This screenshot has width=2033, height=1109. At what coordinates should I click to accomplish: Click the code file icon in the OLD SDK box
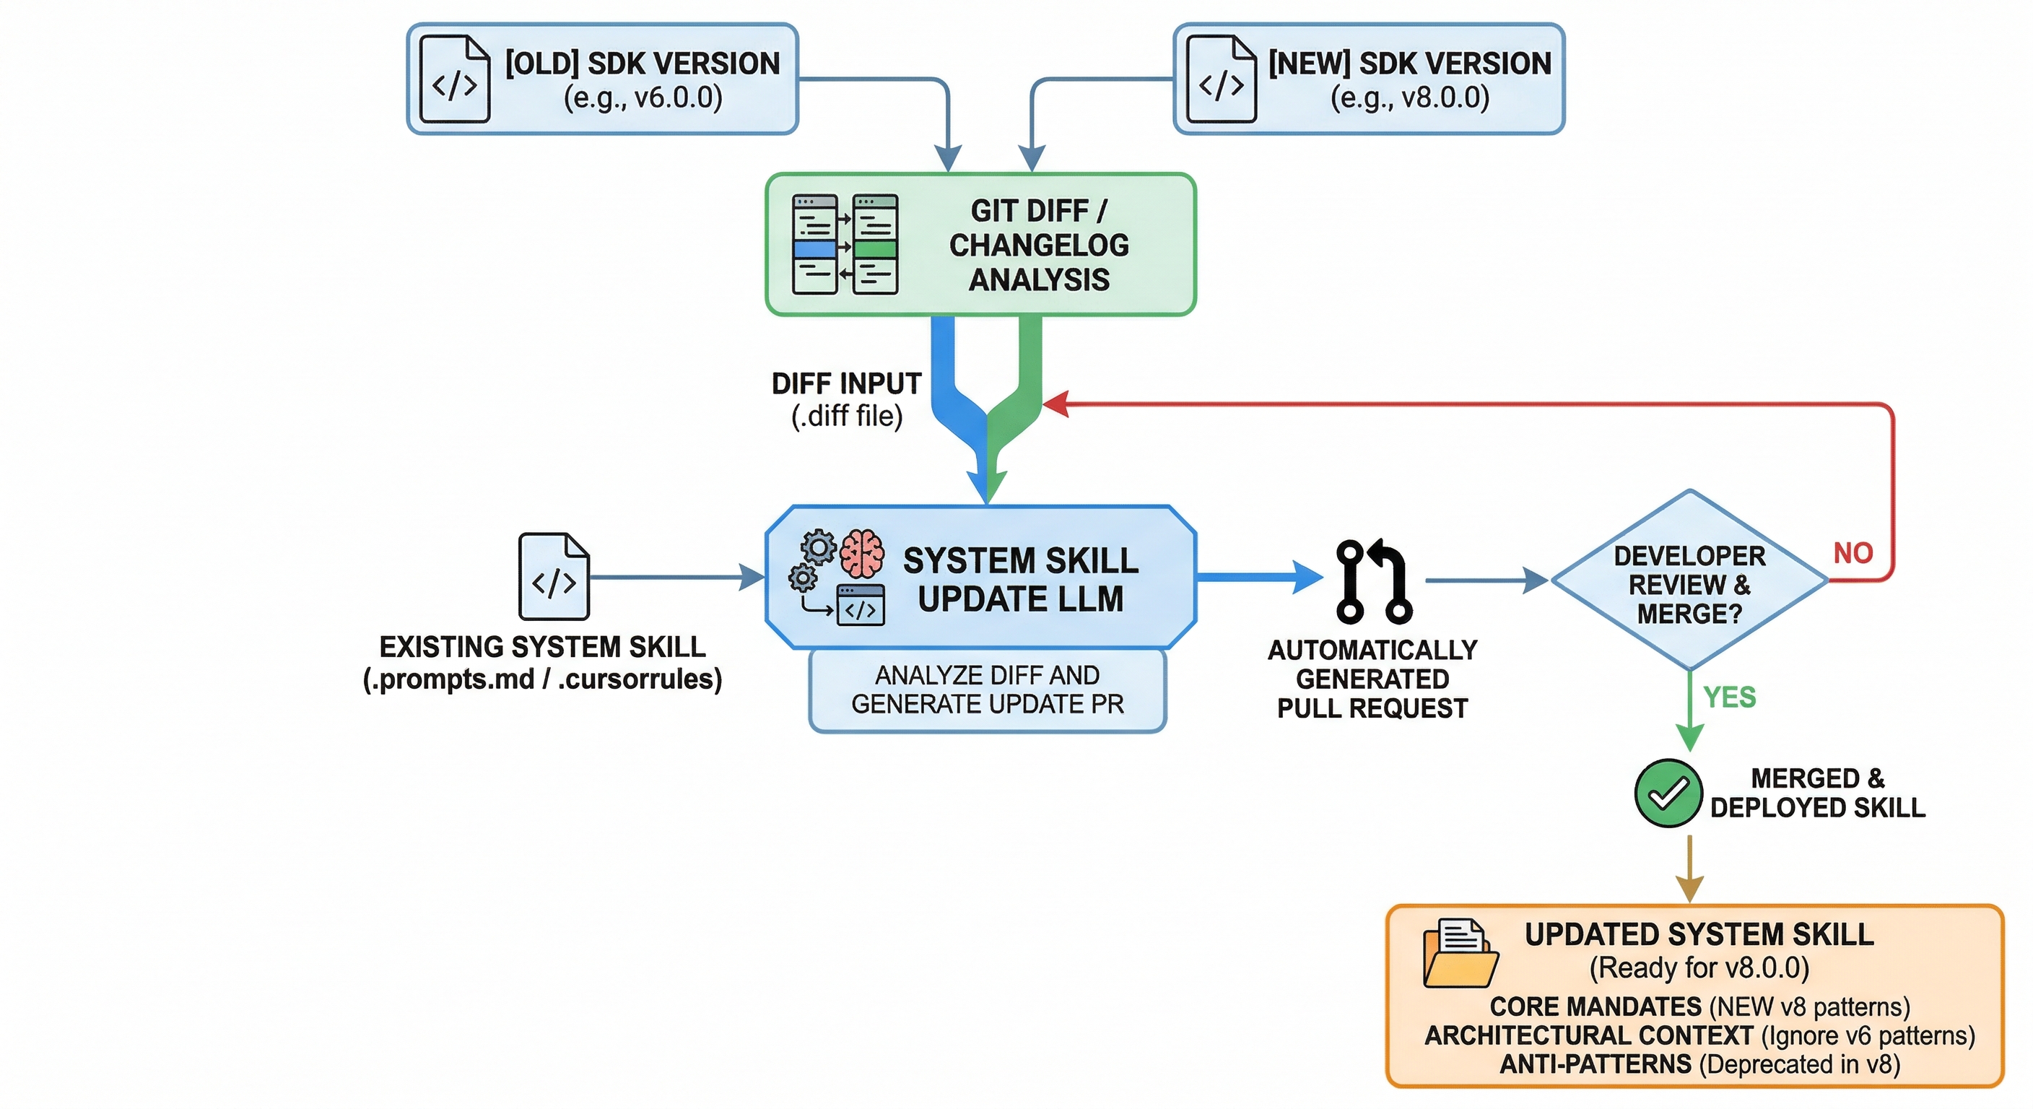click(x=454, y=79)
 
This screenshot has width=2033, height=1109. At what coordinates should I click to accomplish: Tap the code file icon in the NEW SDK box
click(x=1221, y=79)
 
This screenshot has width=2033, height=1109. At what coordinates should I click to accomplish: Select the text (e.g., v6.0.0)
click(x=643, y=98)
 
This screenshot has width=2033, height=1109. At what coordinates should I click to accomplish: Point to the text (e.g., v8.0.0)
click(x=1409, y=98)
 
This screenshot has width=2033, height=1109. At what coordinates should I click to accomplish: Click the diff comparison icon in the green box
click(x=845, y=245)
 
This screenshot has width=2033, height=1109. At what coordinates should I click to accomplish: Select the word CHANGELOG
click(x=1039, y=245)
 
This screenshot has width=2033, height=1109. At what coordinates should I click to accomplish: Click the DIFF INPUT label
click(x=846, y=384)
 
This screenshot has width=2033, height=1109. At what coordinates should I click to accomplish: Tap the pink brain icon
click(x=862, y=553)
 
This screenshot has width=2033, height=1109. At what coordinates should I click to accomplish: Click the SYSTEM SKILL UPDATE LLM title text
click(x=1020, y=579)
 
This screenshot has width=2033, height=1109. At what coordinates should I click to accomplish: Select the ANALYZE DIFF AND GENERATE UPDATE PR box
click(x=988, y=690)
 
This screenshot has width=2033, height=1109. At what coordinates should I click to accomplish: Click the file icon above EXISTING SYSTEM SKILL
click(x=553, y=577)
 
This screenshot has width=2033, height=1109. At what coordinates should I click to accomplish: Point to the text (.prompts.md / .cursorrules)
click(x=542, y=679)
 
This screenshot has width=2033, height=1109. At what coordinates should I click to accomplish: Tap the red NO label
click(x=1853, y=552)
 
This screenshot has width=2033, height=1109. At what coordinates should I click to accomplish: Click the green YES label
click(x=1729, y=697)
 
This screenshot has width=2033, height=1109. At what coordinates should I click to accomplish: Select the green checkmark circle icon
click(x=1668, y=793)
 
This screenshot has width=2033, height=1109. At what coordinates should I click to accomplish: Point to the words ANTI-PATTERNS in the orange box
click(x=1595, y=1064)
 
